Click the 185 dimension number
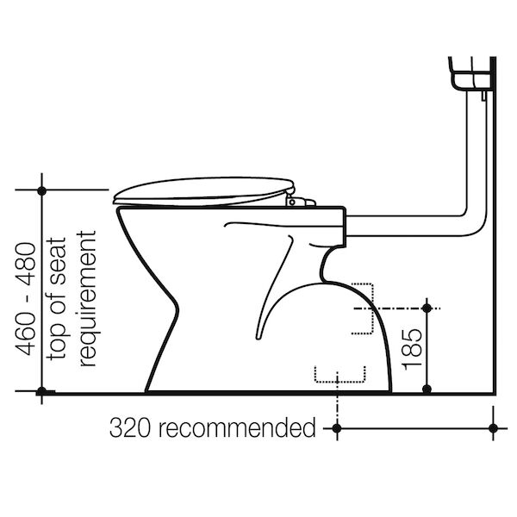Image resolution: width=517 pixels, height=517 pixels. click(x=413, y=349)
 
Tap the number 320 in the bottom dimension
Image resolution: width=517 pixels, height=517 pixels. click(x=130, y=427)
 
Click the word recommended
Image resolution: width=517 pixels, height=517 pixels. click(x=238, y=427)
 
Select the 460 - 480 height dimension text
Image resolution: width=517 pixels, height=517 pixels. click(x=25, y=299)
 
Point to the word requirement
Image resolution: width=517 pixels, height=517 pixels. click(x=86, y=298)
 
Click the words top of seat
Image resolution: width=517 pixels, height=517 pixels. click(x=56, y=298)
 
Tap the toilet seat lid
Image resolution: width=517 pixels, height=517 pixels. click(x=203, y=191)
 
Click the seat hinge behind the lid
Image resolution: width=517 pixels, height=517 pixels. click(x=300, y=201)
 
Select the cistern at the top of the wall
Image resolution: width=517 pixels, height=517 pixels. click(x=470, y=73)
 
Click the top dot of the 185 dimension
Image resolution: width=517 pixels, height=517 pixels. click(x=427, y=308)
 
